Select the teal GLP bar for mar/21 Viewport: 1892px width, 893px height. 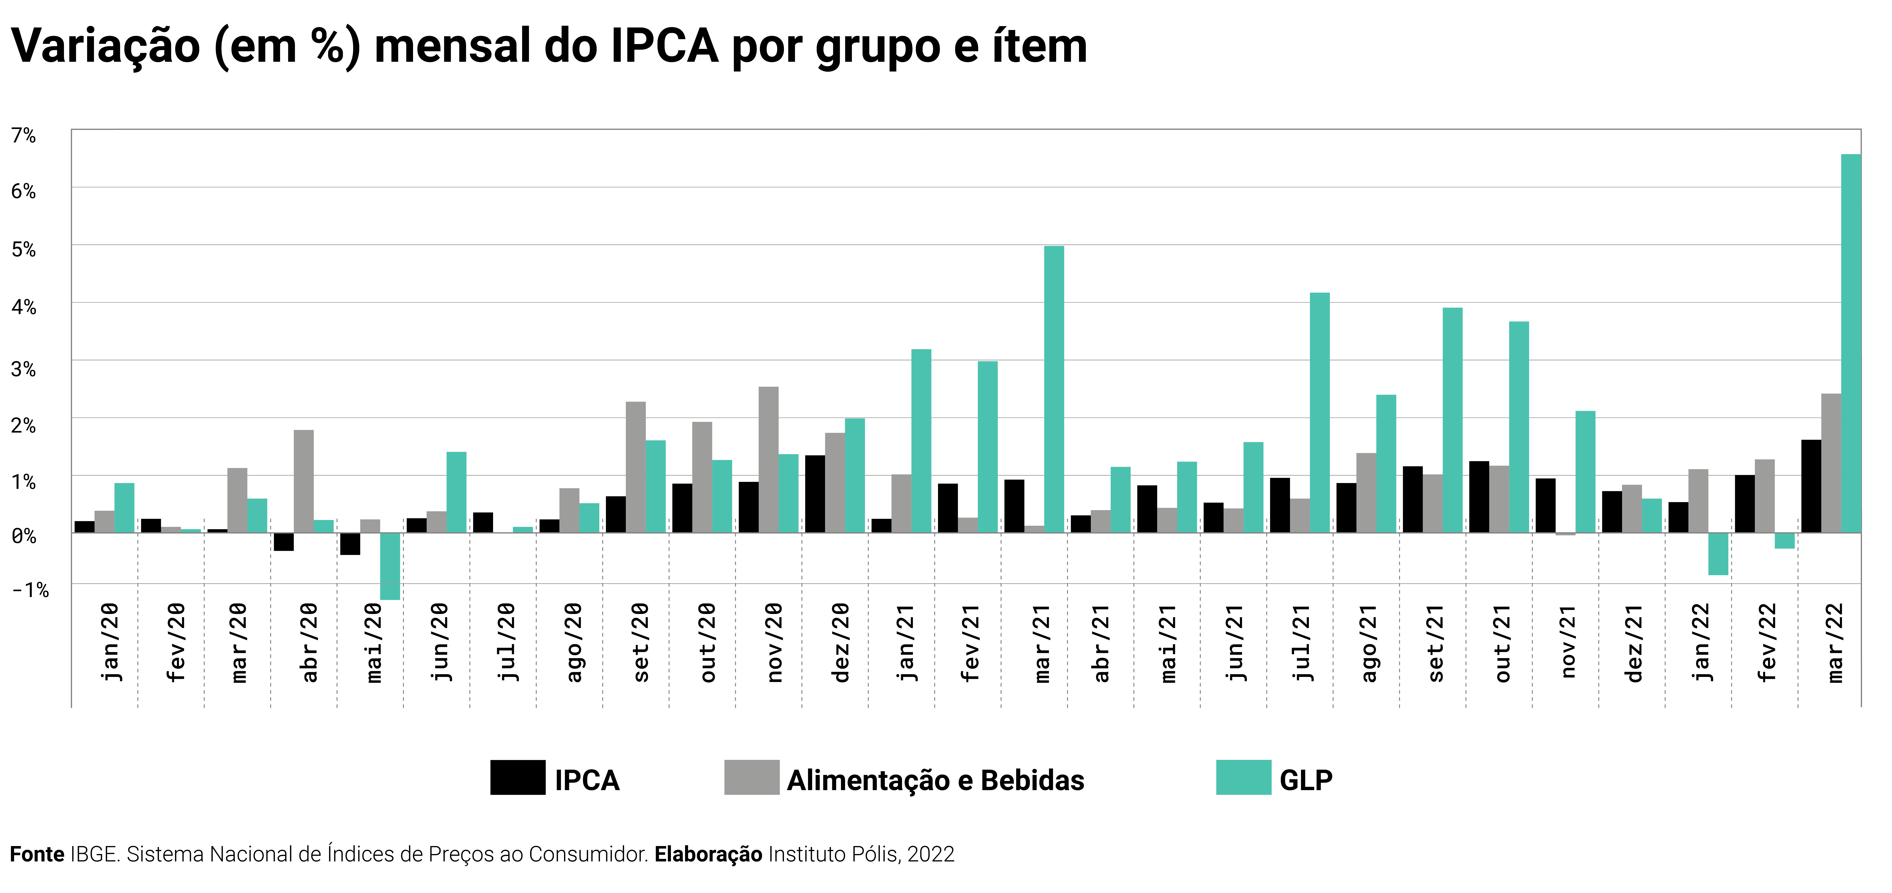coord(1054,389)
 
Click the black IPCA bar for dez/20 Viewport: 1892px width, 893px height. coord(814,494)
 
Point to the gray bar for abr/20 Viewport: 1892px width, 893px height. coord(303,481)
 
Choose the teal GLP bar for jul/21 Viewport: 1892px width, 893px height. coord(1320,413)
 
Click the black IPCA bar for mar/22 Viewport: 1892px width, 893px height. coord(1811,486)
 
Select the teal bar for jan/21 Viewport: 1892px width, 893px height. coord(921,441)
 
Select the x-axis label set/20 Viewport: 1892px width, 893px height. coord(640,643)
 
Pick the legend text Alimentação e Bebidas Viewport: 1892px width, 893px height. coord(935,780)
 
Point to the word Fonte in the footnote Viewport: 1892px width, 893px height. coord(37,854)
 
